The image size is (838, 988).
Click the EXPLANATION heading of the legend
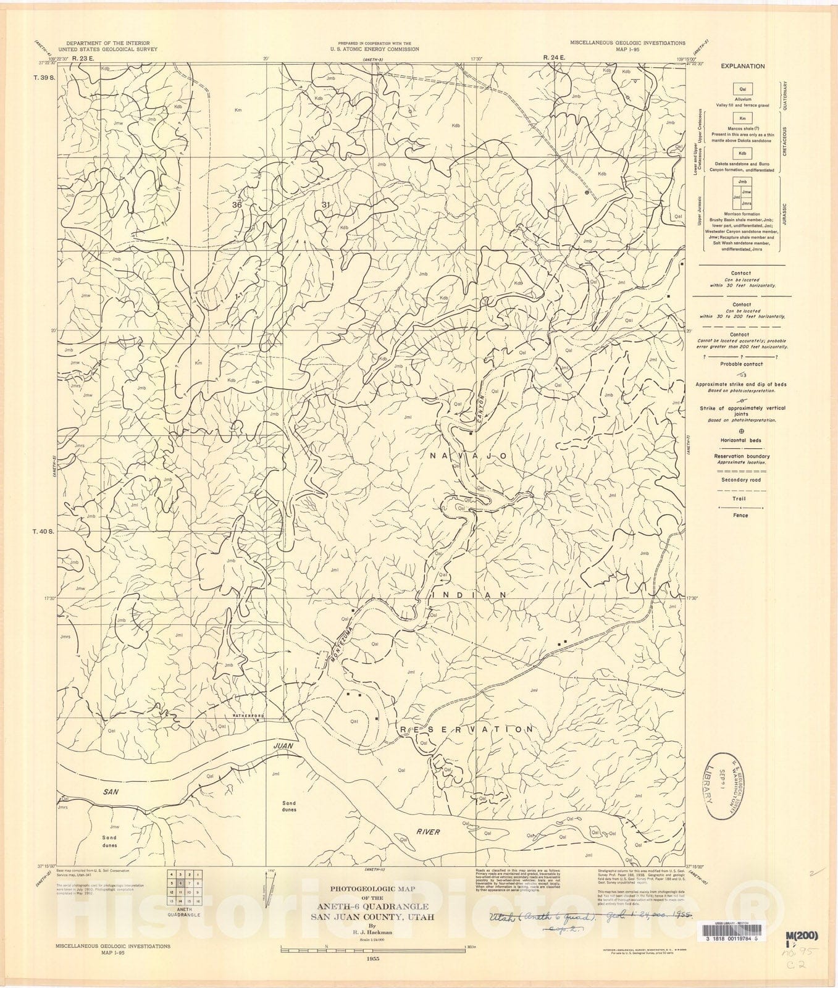742,66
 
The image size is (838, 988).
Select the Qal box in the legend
742,89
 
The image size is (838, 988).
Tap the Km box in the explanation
742,117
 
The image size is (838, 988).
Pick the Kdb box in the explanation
742,153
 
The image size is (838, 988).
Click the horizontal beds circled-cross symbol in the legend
741,432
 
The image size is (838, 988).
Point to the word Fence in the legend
741,515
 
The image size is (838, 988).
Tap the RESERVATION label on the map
467,729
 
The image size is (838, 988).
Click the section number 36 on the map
237,204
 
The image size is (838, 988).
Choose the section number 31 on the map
326,204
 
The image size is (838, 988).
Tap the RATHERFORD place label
248,716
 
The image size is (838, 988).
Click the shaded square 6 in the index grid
180,884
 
